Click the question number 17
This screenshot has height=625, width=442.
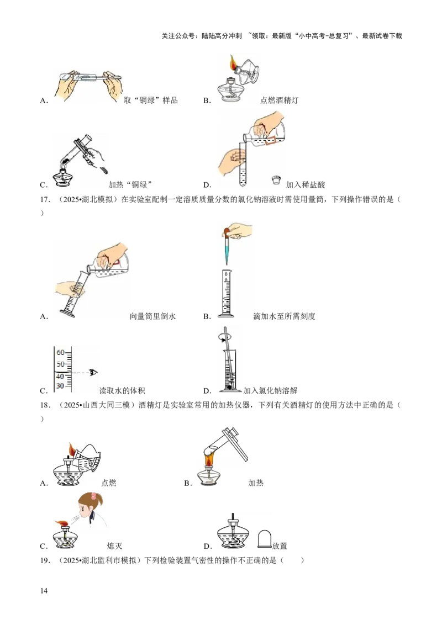pos(45,200)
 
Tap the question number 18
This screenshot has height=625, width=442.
pos(45,405)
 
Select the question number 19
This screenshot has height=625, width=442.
pos(45,560)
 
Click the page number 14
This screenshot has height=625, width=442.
pos(44,591)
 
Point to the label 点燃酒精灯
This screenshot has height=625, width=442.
pos(279,100)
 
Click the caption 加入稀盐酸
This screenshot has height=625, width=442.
pos(306,184)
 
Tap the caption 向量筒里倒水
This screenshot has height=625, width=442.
pos(153,316)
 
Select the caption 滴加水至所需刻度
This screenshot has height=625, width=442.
pos(284,316)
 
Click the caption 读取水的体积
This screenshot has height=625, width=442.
pos(122,391)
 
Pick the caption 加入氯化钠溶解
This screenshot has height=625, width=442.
pos(271,391)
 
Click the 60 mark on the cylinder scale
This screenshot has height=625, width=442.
pos(61,352)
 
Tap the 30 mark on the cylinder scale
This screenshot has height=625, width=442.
pos(60,386)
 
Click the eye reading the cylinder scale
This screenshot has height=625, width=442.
pos(94,373)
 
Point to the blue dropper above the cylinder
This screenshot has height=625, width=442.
pos(226,247)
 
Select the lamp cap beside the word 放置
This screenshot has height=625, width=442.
pos(265,538)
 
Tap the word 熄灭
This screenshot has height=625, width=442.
pos(114,546)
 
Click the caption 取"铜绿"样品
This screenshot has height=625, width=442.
pos(151,100)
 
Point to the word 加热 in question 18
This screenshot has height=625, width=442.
pos(256,483)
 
